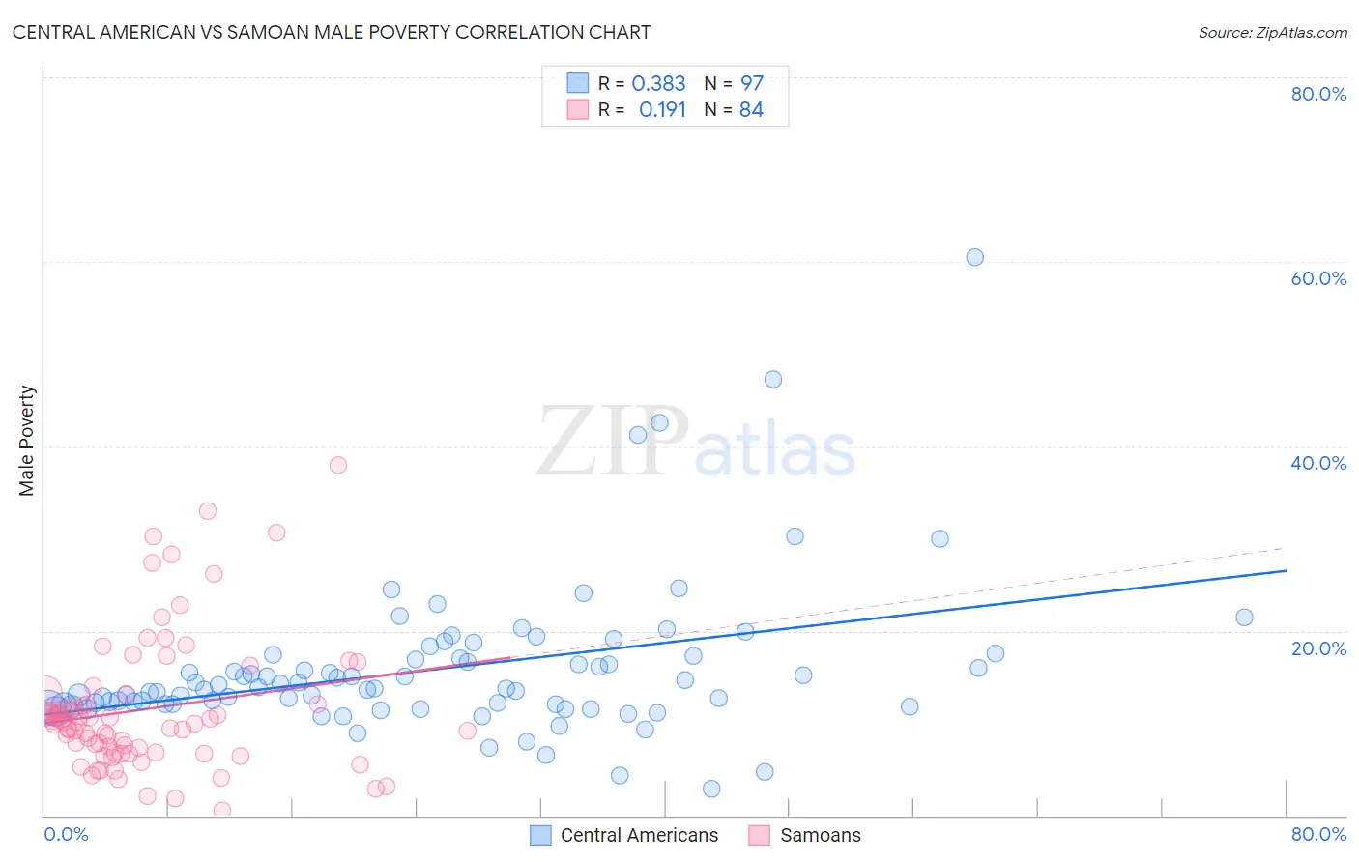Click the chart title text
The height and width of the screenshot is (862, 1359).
tap(331, 32)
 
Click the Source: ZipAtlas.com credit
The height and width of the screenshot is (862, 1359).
tap(1272, 32)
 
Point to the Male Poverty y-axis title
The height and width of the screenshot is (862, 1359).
tap(27, 441)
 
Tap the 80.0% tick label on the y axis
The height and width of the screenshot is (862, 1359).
tap(1317, 94)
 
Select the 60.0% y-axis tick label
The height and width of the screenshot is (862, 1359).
tap(1317, 278)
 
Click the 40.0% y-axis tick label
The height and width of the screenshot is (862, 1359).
tap(1317, 463)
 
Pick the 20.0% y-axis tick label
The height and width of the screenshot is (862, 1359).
tap(1317, 648)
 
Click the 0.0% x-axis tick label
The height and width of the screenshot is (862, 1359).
tap(66, 834)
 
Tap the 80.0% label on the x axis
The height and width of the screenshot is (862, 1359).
tap(1317, 834)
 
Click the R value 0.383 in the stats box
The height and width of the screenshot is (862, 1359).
tap(658, 84)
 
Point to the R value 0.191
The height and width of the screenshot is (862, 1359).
tap(662, 110)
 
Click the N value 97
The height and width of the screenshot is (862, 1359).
tap(751, 84)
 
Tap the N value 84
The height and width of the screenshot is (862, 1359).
tap(751, 110)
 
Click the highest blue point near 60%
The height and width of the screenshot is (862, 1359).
tap(974, 257)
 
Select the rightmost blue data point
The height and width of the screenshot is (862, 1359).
tap(1244, 618)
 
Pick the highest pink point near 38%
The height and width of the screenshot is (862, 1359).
tap(337, 465)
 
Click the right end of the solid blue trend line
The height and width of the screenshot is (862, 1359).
tap(1285, 571)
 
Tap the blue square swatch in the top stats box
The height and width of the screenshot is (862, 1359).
tap(577, 83)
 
